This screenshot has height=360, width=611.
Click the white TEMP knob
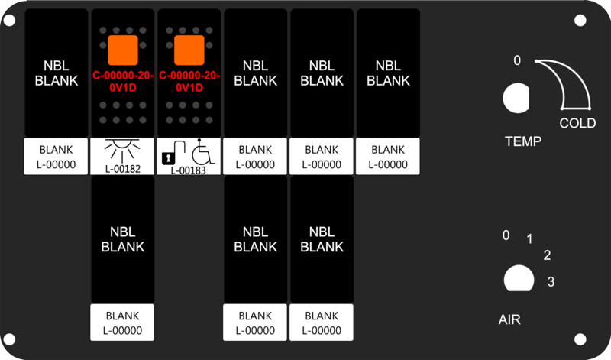(x=516, y=98)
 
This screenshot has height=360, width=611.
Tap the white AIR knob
(x=519, y=278)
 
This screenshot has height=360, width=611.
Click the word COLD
(x=577, y=123)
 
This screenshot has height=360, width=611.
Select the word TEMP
(x=523, y=141)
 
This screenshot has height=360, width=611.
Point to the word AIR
(x=509, y=319)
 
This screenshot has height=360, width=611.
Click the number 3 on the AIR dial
(x=551, y=281)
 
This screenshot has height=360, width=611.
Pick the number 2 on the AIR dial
(x=547, y=255)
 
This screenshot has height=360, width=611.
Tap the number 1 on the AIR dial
(x=529, y=238)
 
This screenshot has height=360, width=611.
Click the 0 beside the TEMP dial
(x=517, y=60)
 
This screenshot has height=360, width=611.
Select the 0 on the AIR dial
(x=506, y=235)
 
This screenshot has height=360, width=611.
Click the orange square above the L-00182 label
(x=123, y=50)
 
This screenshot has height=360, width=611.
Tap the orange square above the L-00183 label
(x=189, y=50)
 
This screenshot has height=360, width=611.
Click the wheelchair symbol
(x=202, y=151)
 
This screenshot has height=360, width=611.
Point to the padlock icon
(x=168, y=158)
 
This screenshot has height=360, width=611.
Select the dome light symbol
(x=122, y=151)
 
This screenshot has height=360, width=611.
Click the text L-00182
(x=122, y=169)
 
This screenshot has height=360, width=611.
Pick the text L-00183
(x=189, y=170)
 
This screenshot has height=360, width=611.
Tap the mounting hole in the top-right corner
(x=580, y=21)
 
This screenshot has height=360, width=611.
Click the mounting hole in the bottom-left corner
(x=9, y=339)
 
